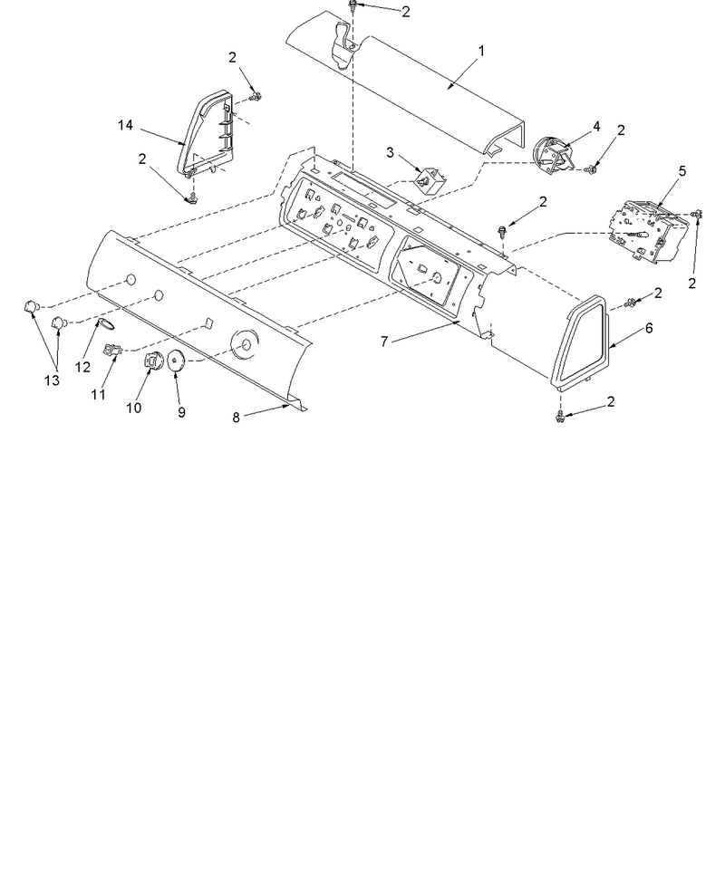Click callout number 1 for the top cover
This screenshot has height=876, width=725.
(480, 51)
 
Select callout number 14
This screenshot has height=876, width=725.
(125, 125)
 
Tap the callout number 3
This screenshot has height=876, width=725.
(391, 152)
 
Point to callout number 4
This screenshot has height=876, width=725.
(596, 127)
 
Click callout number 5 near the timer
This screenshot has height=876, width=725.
(682, 171)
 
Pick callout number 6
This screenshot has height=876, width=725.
(648, 328)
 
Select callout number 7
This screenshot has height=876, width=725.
(384, 342)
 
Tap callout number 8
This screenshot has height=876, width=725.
(236, 418)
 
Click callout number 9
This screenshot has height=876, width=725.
(181, 412)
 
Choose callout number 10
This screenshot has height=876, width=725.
(133, 408)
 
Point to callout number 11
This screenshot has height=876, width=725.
(99, 394)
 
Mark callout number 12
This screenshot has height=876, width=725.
(82, 367)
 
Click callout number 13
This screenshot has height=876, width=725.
(52, 380)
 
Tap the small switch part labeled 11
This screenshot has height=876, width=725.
(113, 351)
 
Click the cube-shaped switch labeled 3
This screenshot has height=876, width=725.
(431, 180)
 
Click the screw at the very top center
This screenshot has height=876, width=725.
(353, 5)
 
